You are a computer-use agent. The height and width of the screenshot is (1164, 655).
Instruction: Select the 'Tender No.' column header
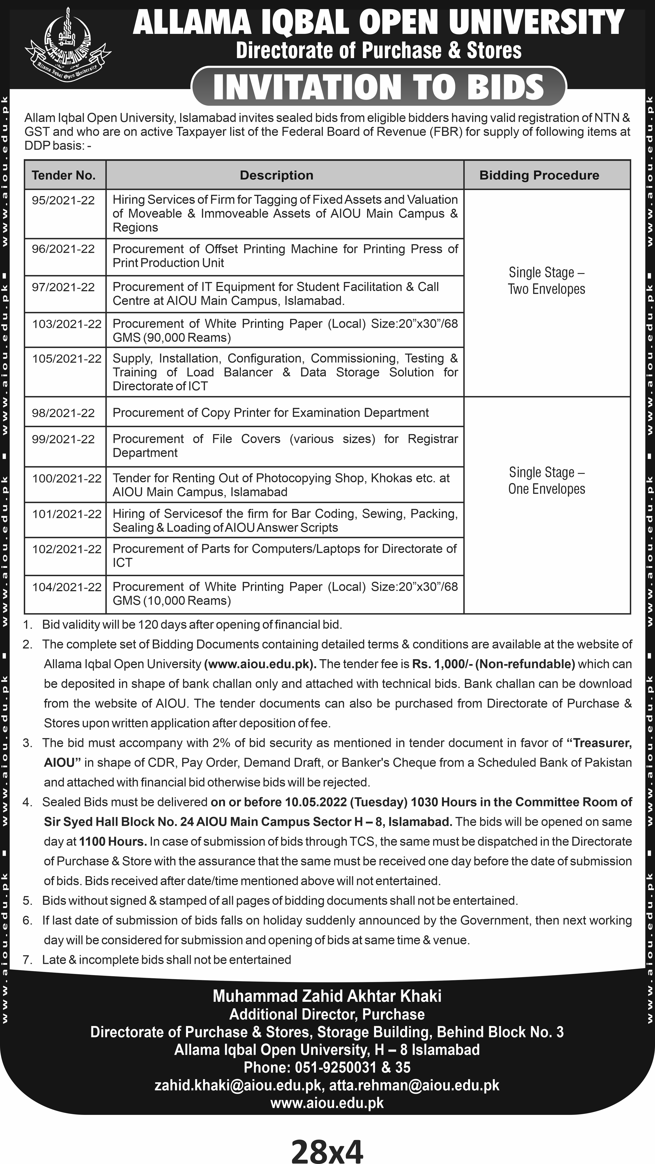coord(64,175)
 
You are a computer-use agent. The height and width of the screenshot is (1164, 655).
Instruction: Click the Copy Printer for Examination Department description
coord(270,413)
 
